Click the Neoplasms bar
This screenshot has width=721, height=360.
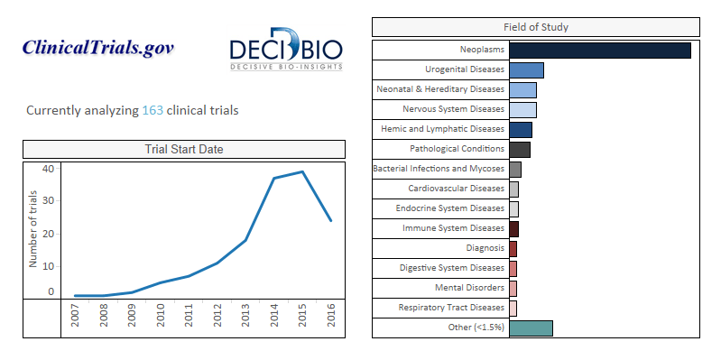(x=600, y=51)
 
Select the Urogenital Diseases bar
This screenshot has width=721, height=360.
(x=526, y=70)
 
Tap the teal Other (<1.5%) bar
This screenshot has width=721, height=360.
(x=532, y=328)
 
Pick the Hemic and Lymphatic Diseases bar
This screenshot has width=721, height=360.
(x=521, y=130)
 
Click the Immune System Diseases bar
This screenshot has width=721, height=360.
(x=514, y=229)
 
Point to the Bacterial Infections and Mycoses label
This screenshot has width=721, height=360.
(x=439, y=169)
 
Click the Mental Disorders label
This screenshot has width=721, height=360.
(x=469, y=288)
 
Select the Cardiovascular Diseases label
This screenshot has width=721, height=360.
(x=456, y=189)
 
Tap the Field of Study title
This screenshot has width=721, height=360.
(x=536, y=27)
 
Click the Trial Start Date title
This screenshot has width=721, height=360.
(x=184, y=150)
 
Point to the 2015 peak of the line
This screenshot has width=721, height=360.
(x=302, y=172)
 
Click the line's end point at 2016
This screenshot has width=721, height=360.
(x=330, y=221)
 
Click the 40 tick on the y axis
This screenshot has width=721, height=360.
(x=49, y=169)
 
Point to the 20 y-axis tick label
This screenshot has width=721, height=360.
(x=49, y=234)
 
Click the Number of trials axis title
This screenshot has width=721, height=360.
(x=32, y=229)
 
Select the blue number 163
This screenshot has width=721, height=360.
(x=153, y=111)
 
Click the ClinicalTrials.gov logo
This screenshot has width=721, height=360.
(x=98, y=48)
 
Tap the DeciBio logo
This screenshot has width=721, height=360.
(x=286, y=50)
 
